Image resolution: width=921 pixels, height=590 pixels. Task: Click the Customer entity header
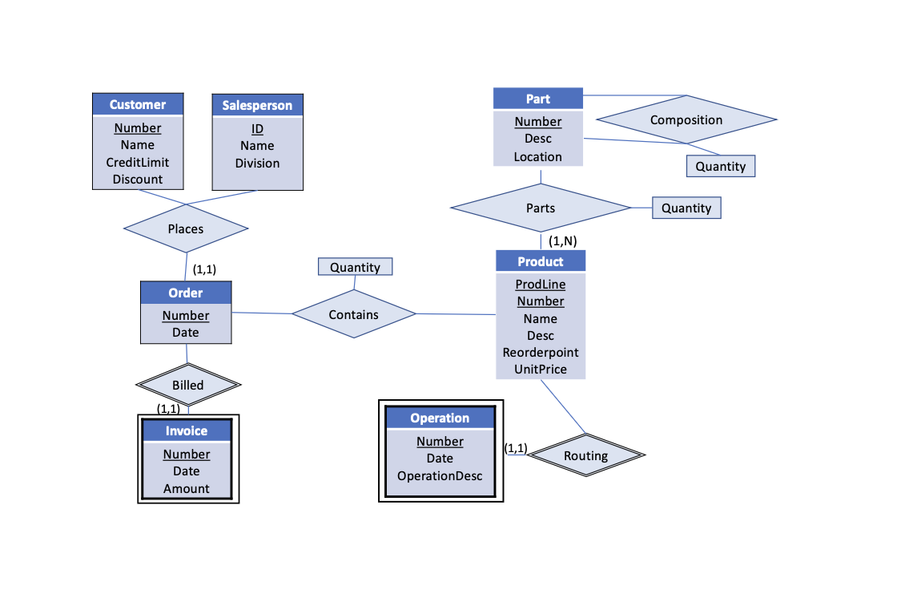pos(138,104)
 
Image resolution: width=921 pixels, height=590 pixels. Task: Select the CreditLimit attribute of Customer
pos(138,162)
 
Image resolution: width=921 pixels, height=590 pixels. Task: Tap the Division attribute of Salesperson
pos(257,163)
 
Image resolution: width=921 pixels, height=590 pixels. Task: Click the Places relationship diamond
pos(186,228)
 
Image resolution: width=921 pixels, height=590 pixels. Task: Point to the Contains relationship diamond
pos(353,314)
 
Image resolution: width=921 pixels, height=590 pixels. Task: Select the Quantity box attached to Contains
pos(355,267)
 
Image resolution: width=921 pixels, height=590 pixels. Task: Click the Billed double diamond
pos(188,385)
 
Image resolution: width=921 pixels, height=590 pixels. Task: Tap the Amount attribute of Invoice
pos(187,488)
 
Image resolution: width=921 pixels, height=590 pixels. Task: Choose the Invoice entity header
pos(187,430)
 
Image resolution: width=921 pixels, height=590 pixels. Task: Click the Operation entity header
pos(440,418)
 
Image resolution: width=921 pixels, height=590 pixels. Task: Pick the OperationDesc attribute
pos(440,475)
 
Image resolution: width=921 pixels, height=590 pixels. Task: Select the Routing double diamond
pos(585,455)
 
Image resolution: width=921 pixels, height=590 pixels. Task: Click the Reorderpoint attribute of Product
pos(541,352)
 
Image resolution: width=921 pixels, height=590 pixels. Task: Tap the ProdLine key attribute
pos(541,284)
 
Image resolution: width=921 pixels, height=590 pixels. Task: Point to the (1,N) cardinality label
pos(562,240)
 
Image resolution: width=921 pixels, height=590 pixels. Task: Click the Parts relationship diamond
pos(541,208)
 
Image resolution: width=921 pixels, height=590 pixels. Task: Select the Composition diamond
pos(686,119)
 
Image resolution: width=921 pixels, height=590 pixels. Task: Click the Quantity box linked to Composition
pos(720,166)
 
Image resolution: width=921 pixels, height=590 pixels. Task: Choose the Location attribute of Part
pos(538,156)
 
